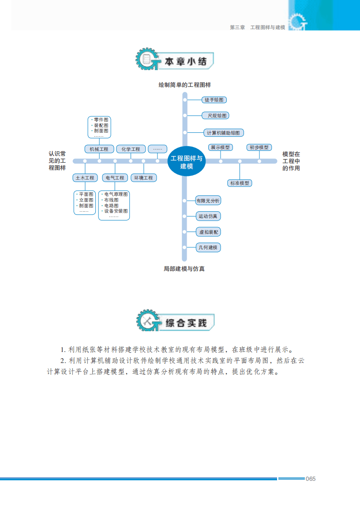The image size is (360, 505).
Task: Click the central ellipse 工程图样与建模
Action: [187, 162]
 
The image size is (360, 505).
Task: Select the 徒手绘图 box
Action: [214, 100]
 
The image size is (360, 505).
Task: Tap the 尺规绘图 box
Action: [215, 116]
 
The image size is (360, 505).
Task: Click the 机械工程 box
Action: [99, 149]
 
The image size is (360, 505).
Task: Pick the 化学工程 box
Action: [131, 149]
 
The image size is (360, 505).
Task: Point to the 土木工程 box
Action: [85, 178]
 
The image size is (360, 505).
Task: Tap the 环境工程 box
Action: [144, 178]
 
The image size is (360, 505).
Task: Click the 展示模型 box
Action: [220, 147]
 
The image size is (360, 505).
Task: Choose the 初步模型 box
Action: [259, 147]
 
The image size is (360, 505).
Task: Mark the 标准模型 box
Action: [240, 183]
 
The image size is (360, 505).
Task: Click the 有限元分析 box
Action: [208, 201]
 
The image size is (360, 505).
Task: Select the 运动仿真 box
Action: [208, 216]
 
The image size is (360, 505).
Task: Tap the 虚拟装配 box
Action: [208, 232]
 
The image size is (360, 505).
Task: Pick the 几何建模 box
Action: [208, 247]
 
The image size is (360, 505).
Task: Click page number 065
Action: [311, 479]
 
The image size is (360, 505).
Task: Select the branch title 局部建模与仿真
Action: [184, 269]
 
